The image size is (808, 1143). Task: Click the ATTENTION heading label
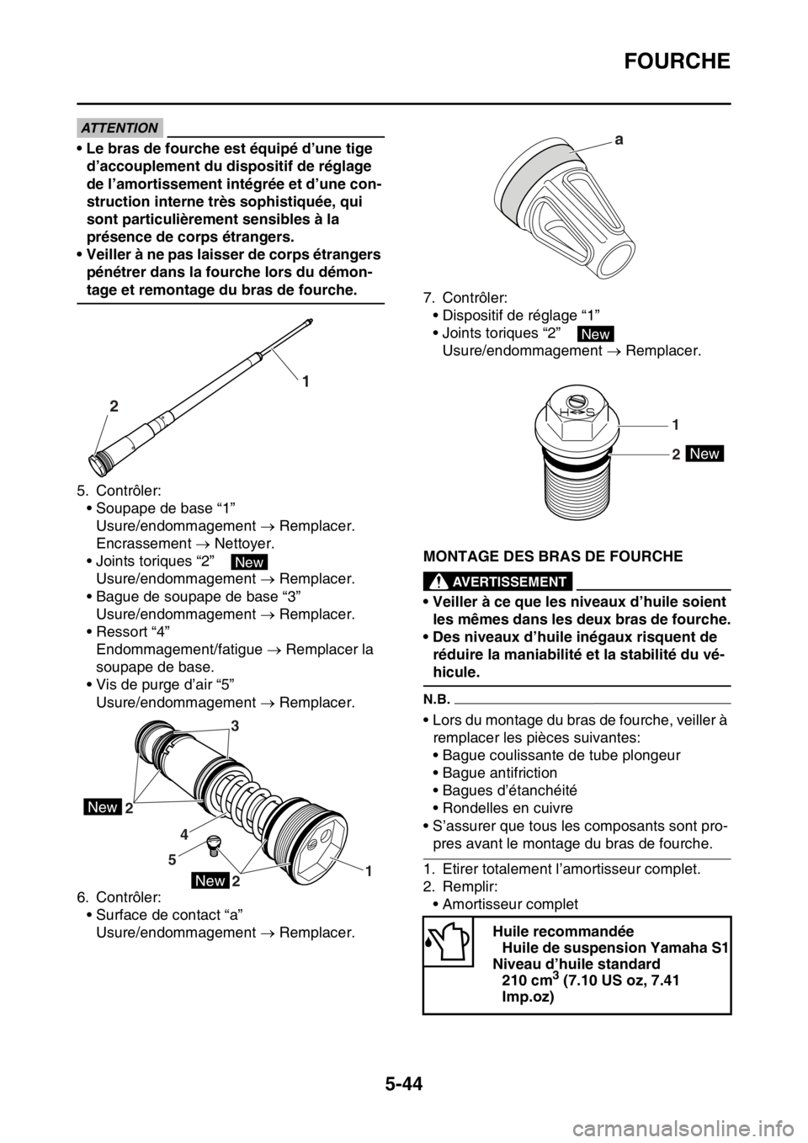click(x=121, y=128)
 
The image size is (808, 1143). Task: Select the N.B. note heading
click(x=435, y=697)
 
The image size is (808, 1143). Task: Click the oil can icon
click(x=447, y=941)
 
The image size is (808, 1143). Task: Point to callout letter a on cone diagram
click(x=619, y=143)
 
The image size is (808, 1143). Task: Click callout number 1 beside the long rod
click(x=306, y=381)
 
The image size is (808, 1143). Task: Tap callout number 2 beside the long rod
click(x=113, y=405)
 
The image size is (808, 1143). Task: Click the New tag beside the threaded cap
click(x=704, y=454)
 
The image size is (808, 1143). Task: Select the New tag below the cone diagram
click(x=596, y=334)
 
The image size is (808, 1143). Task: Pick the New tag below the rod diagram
click(x=249, y=562)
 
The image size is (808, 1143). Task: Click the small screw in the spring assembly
click(x=215, y=843)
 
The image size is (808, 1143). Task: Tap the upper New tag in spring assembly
click(x=103, y=807)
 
